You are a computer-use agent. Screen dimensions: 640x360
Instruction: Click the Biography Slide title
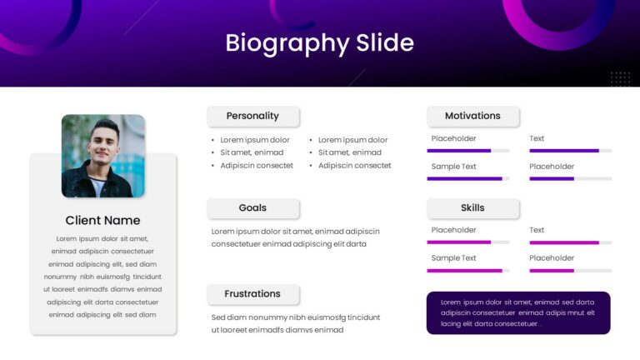click(x=320, y=43)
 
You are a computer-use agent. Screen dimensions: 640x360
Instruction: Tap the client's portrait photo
click(x=103, y=156)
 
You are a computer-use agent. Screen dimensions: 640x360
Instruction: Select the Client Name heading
click(x=102, y=220)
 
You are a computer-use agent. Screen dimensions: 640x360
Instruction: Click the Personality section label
click(x=252, y=116)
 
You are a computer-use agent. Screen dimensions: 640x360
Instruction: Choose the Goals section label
click(x=252, y=207)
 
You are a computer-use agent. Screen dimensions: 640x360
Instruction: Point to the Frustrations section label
click(x=252, y=294)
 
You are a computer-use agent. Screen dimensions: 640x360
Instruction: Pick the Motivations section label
click(x=472, y=116)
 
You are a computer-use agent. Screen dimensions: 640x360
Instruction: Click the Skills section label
click(x=472, y=207)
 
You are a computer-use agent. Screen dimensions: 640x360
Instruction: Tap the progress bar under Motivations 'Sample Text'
click(x=468, y=179)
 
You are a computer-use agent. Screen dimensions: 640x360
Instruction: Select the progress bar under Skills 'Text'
click(x=571, y=242)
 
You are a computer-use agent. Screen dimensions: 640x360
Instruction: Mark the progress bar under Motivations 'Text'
click(x=571, y=151)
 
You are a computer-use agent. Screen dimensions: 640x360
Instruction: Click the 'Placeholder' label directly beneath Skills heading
click(x=453, y=230)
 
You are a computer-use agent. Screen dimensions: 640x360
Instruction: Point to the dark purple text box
click(x=518, y=313)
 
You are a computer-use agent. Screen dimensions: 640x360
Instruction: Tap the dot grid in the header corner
click(x=620, y=79)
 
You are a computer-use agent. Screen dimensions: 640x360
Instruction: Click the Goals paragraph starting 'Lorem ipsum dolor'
click(x=296, y=237)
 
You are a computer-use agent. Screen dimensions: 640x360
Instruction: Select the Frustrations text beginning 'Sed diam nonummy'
click(x=296, y=323)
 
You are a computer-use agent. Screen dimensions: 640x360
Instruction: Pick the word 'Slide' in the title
click(x=385, y=42)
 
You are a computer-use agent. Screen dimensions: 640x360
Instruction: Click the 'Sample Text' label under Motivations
click(x=453, y=167)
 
